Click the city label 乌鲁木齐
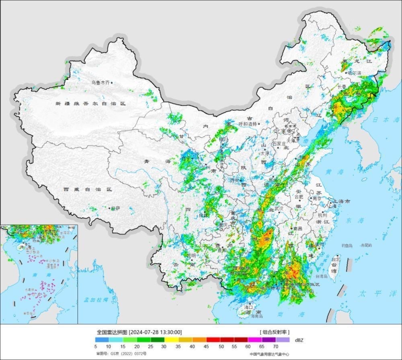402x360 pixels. pos(100,82)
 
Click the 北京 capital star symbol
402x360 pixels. pos(289,131)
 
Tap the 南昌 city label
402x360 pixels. pos(298,228)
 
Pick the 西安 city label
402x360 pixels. pos(234,180)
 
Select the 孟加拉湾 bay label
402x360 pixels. pos(95,300)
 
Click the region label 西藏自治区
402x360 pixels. pos(87,189)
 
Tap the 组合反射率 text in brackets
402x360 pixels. pos(275,332)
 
